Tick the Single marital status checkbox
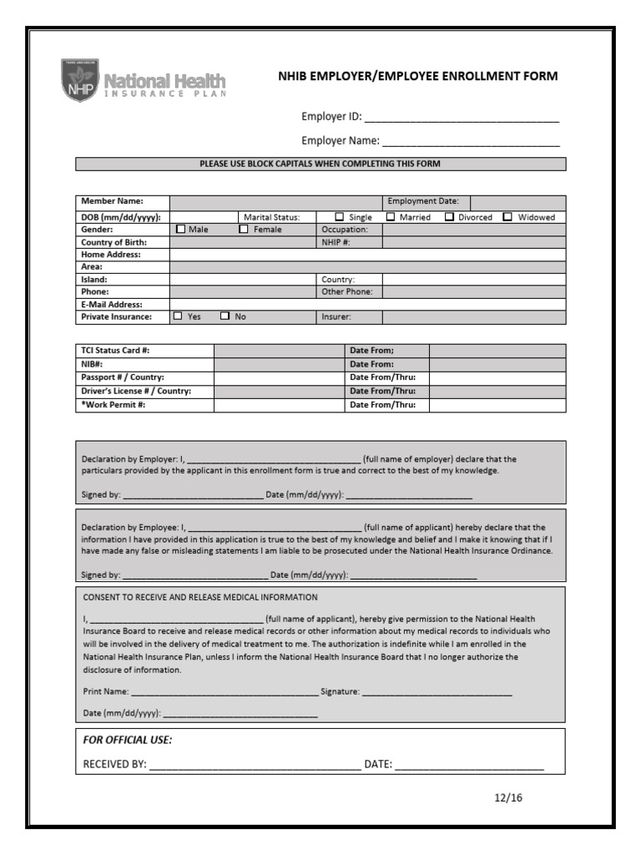point(339,217)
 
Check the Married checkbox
point(391,217)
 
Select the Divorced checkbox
point(449,217)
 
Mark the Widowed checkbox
point(507,217)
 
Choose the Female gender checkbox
point(244,229)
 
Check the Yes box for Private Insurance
point(177,316)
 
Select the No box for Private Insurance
point(225,316)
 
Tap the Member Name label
point(112,201)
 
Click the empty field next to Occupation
point(473,230)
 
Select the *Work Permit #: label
point(113,405)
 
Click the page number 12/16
point(507,797)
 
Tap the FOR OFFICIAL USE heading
point(128,741)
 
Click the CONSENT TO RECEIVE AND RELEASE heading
point(199,597)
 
